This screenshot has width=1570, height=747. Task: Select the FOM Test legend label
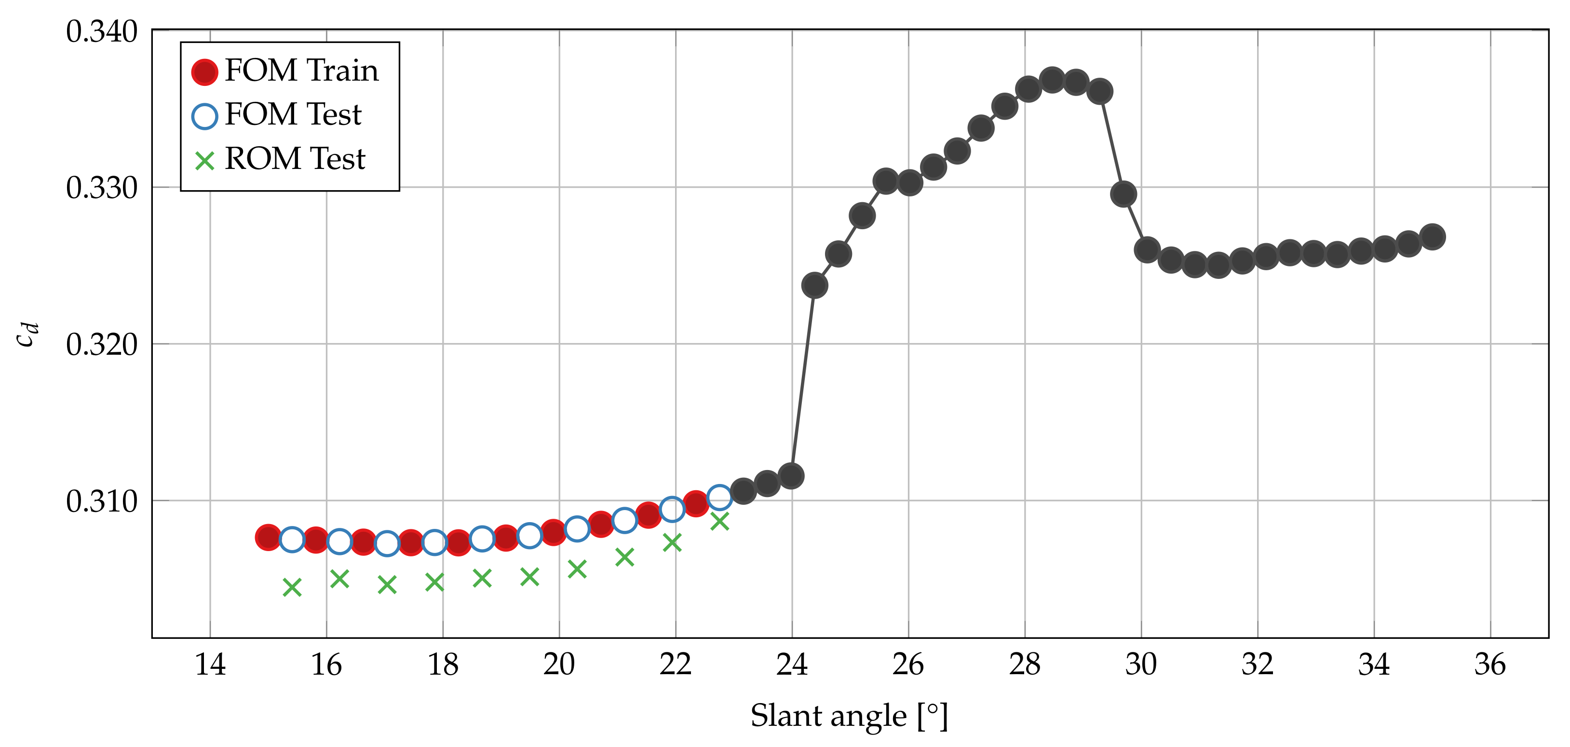(293, 115)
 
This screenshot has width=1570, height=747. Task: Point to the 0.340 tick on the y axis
(102, 32)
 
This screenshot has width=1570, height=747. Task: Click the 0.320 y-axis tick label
(102, 345)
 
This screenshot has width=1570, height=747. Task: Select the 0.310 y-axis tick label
(102, 502)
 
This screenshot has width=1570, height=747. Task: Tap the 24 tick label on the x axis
(792, 664)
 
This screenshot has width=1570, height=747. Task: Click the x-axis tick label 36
(1490, 664)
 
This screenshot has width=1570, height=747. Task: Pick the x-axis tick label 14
(210, 664)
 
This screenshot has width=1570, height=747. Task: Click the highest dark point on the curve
(1052, 80)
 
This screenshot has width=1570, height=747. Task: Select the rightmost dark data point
(1432, 236)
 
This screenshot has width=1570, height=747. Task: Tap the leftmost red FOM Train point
(268, 537)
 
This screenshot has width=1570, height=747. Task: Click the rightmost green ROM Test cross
(720, 521)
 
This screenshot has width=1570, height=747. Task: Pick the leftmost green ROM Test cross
(292, 587)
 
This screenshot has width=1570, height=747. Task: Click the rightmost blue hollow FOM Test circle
(720, 497)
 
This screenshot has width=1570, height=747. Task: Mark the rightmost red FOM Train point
(696, 504)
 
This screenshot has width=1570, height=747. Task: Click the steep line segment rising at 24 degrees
(803, 381)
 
